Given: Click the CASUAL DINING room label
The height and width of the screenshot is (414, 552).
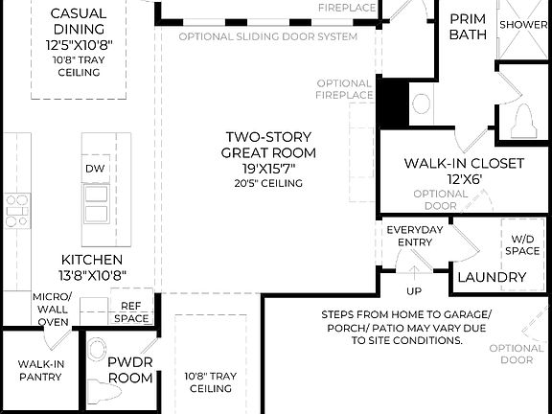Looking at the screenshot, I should tap(78, 22).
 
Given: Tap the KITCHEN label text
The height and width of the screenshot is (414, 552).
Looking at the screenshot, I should tap(91, 260).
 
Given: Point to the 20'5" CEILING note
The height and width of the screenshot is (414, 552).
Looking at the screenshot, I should tap(268, 183).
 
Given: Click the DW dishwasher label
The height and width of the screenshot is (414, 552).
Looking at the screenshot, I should tap(95, 169).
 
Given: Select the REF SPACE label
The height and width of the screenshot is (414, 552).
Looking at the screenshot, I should tap(131, 312).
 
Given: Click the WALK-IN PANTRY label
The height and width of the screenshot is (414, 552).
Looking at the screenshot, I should tap(39, 370).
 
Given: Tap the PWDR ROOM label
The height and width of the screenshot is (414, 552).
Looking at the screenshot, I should tap(129, 370).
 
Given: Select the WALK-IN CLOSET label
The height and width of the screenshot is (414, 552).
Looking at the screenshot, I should tap(464, 164).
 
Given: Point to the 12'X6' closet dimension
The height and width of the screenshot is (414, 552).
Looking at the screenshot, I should tap(464, 179).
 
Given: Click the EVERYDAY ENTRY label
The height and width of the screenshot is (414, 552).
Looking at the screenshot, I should tap(414, 236).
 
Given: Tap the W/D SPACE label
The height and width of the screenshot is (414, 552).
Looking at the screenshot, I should tap(523, 244).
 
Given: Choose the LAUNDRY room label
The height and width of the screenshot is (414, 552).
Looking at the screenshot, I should tap(492, 278).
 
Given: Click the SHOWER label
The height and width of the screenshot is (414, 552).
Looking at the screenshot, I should tap(523, 24).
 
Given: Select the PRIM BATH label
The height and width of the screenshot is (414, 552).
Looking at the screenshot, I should tap(468, 26).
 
